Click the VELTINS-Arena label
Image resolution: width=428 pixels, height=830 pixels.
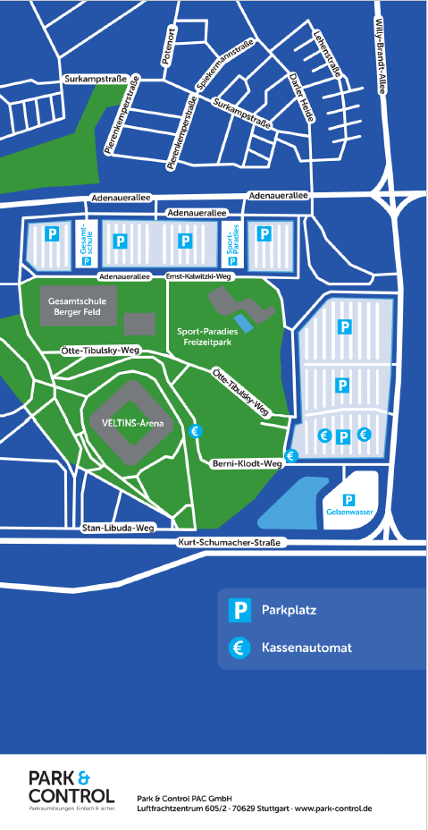click(125, 423)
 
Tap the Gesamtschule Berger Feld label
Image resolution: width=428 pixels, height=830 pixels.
click(79, 307)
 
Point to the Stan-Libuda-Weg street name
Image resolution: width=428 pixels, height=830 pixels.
click(119, 528)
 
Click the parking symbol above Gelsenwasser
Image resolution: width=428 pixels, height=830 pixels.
click(349, 500)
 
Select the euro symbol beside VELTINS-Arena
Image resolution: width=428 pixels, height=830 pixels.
click(196, 430)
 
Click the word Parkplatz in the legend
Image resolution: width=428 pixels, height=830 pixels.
click(289, 611)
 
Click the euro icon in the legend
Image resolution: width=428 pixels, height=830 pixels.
click(239, 647)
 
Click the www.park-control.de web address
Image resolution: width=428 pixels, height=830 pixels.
click(331, 809)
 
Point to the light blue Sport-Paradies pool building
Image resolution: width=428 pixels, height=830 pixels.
click(242, 320)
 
